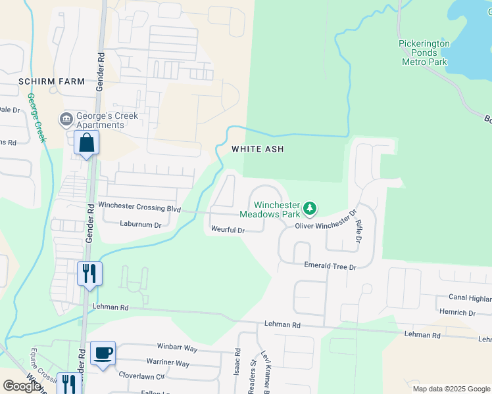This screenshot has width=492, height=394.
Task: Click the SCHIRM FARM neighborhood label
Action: pos(52,81)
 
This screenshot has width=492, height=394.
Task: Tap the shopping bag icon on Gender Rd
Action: pos(87,142)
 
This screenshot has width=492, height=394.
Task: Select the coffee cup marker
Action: pos(103,353)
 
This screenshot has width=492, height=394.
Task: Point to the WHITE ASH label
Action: pos(257,150)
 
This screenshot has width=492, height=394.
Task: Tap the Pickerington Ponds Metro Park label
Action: pos(424,53)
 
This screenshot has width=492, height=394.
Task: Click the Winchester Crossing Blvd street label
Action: pos(139,206)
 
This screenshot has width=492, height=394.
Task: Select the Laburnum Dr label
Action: pos(140,224)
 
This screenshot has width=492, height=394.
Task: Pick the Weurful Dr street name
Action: pos(228,230)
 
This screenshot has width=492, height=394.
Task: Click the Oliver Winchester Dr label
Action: pos(325,221)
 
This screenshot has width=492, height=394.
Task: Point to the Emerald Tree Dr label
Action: pos(330,267)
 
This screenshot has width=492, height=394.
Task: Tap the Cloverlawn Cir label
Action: pos(142,376)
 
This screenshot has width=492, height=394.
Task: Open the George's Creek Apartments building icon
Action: pos(66,119)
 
